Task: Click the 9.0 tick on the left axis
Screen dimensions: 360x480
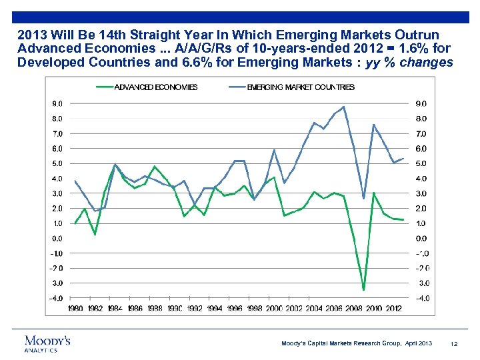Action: point(58,103)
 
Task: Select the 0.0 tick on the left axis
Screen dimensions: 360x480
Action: point(58,238)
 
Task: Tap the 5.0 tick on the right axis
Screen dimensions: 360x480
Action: point(421,163)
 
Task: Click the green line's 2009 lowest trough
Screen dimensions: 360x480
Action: point(363,289)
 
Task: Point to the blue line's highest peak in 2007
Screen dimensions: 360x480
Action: point(343,107)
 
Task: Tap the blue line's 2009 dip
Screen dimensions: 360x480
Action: point(363,198)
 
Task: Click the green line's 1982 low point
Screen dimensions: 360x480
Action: point(95,234)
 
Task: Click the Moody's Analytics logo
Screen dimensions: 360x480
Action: point(47,343)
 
